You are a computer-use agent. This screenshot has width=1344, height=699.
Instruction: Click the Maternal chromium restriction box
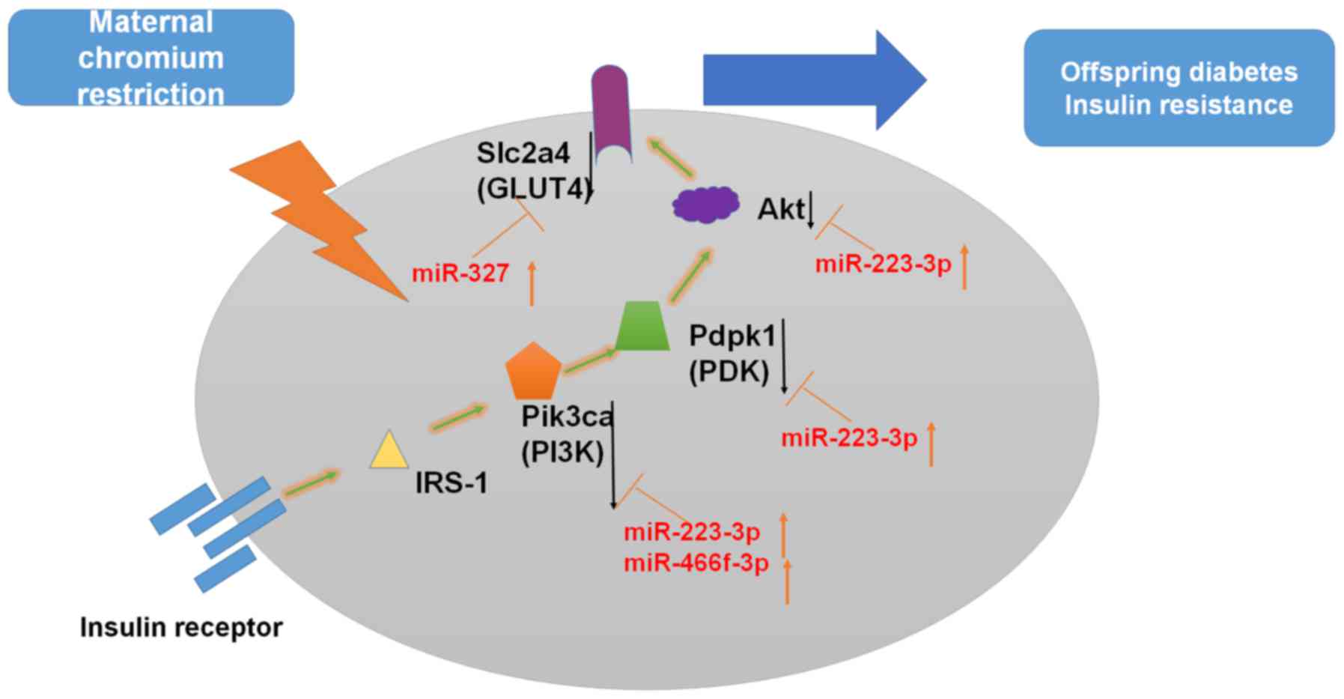tap(150, 58)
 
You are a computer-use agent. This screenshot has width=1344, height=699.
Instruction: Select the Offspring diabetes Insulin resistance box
tap(1178, 88)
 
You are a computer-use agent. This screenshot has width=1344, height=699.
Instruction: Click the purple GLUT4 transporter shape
tap(609, 112)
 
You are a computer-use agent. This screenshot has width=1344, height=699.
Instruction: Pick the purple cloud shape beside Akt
tap(705, 204)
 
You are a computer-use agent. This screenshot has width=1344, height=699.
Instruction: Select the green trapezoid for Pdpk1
tap(642, 326)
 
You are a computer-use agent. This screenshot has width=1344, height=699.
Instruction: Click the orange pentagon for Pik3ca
tap(532, 372)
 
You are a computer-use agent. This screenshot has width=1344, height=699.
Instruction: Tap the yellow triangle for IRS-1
tap(389, 451)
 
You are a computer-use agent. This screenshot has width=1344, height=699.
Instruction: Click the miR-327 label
tap(460, 273)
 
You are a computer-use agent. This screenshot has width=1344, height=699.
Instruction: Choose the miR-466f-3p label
tap(696, 563)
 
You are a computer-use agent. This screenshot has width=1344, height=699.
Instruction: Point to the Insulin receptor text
tap(181, 627)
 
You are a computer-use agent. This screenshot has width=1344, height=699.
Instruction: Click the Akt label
tap(780, 209)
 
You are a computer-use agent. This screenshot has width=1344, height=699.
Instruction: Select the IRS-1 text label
tap(451, 483)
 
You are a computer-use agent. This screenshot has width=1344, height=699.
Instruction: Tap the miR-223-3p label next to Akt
tap(883, 264)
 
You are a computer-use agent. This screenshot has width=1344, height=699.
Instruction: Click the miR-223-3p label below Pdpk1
tap(848, 438)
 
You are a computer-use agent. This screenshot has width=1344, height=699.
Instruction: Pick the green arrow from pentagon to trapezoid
tap(589, 360)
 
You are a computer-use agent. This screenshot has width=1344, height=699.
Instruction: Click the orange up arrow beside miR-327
tap(532, 283)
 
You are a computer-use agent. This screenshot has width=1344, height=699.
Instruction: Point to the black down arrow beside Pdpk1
tap(783, 356)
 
